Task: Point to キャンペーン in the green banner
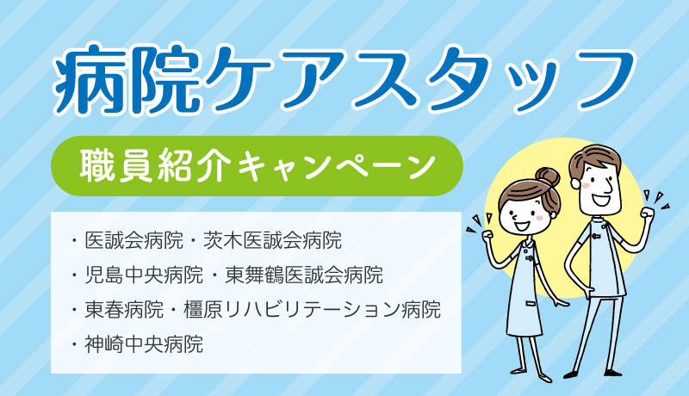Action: (x=336, y=166)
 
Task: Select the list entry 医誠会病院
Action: (x=134, y=240)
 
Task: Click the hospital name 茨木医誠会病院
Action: (x=272, y=240)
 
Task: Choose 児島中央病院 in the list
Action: (x=144, y=275)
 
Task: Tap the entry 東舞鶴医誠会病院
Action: (x=304, y=275)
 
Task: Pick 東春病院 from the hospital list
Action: (x=124, y=310)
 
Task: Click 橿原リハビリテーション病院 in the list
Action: (x=312, y=310)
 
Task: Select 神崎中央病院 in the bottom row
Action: (x=144, y=344)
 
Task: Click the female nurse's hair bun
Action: (x=547, y=178)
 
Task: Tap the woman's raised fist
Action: (x=488, y=237)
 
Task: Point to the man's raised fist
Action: (x=647, y=213)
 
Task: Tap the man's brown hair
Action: (x=594, y=159)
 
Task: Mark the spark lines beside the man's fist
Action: (x=657, y=200)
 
